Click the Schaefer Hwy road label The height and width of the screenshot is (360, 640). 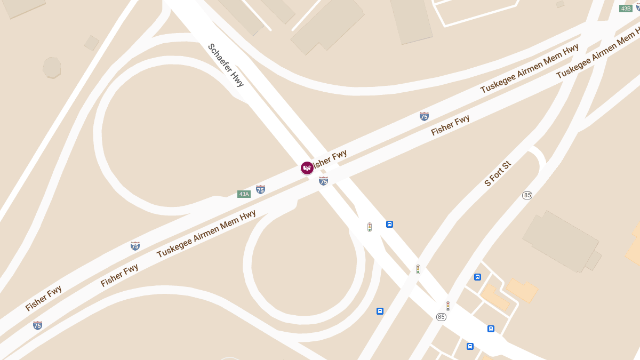(226, 65)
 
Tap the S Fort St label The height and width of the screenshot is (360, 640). (498, 173)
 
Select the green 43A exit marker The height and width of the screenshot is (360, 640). (244, 194)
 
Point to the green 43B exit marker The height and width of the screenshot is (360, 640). (626, 9)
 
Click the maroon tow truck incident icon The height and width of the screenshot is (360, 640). (307, 168)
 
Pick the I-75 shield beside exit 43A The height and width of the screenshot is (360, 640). (260, 189)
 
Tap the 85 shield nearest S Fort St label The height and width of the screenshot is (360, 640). (527, 195)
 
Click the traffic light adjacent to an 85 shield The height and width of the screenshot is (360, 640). (448, 306)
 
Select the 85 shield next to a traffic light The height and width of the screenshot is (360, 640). (441, 317)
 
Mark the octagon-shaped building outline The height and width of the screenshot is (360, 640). (52, 67)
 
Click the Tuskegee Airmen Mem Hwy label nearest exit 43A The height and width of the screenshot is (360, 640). (206, 234)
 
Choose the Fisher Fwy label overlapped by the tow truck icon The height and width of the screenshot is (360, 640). (330, 159)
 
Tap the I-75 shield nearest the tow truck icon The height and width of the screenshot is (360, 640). (323, 181)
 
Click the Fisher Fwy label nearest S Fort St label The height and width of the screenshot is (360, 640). (450, 125)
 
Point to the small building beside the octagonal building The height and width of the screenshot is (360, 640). (92, 43)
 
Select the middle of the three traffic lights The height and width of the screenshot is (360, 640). (418, 269)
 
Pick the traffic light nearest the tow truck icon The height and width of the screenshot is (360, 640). (369, 227)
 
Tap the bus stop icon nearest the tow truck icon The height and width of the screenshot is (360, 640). (389, 224)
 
